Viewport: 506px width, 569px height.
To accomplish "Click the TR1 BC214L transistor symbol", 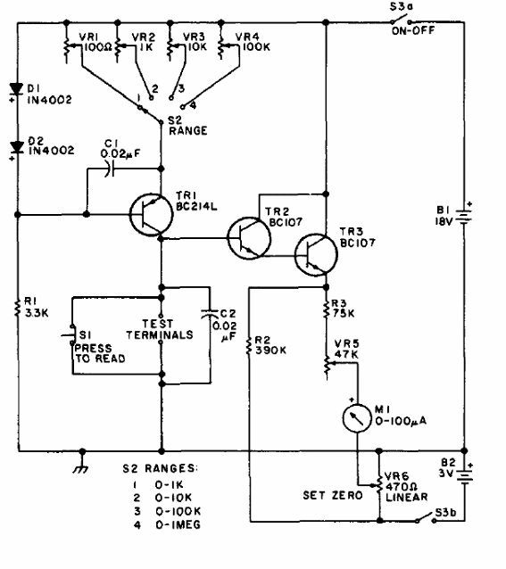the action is [151, 215].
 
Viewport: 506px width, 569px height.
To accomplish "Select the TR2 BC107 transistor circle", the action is [249, 238].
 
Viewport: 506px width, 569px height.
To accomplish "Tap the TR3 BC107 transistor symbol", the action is [316, 255].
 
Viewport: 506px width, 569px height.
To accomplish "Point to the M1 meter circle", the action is [357, 418].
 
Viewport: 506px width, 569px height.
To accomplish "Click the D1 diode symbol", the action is [17, 89].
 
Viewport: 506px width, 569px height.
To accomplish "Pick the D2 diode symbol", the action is [17, 148].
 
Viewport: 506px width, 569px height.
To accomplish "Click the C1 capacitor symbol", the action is [109, 169].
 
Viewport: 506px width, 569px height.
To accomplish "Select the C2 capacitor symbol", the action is [210, 314].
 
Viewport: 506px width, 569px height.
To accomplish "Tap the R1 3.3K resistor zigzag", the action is [17, 308].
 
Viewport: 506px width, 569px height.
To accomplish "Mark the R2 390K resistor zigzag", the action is [249, 346].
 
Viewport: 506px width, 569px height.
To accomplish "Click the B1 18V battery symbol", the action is [464, 216].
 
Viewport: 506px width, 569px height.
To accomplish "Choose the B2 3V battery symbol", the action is [465, 475].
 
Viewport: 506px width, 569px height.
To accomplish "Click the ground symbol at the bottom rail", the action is [82, 466].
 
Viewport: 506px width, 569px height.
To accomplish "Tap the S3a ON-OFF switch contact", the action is [401, 20].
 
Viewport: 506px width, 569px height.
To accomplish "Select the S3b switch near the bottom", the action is [426, 518].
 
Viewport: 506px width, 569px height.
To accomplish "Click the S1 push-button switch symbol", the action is [71, 334].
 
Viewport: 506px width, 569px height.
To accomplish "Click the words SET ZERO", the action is [333, 495].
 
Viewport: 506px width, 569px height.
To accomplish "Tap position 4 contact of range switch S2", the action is [183, 107].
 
